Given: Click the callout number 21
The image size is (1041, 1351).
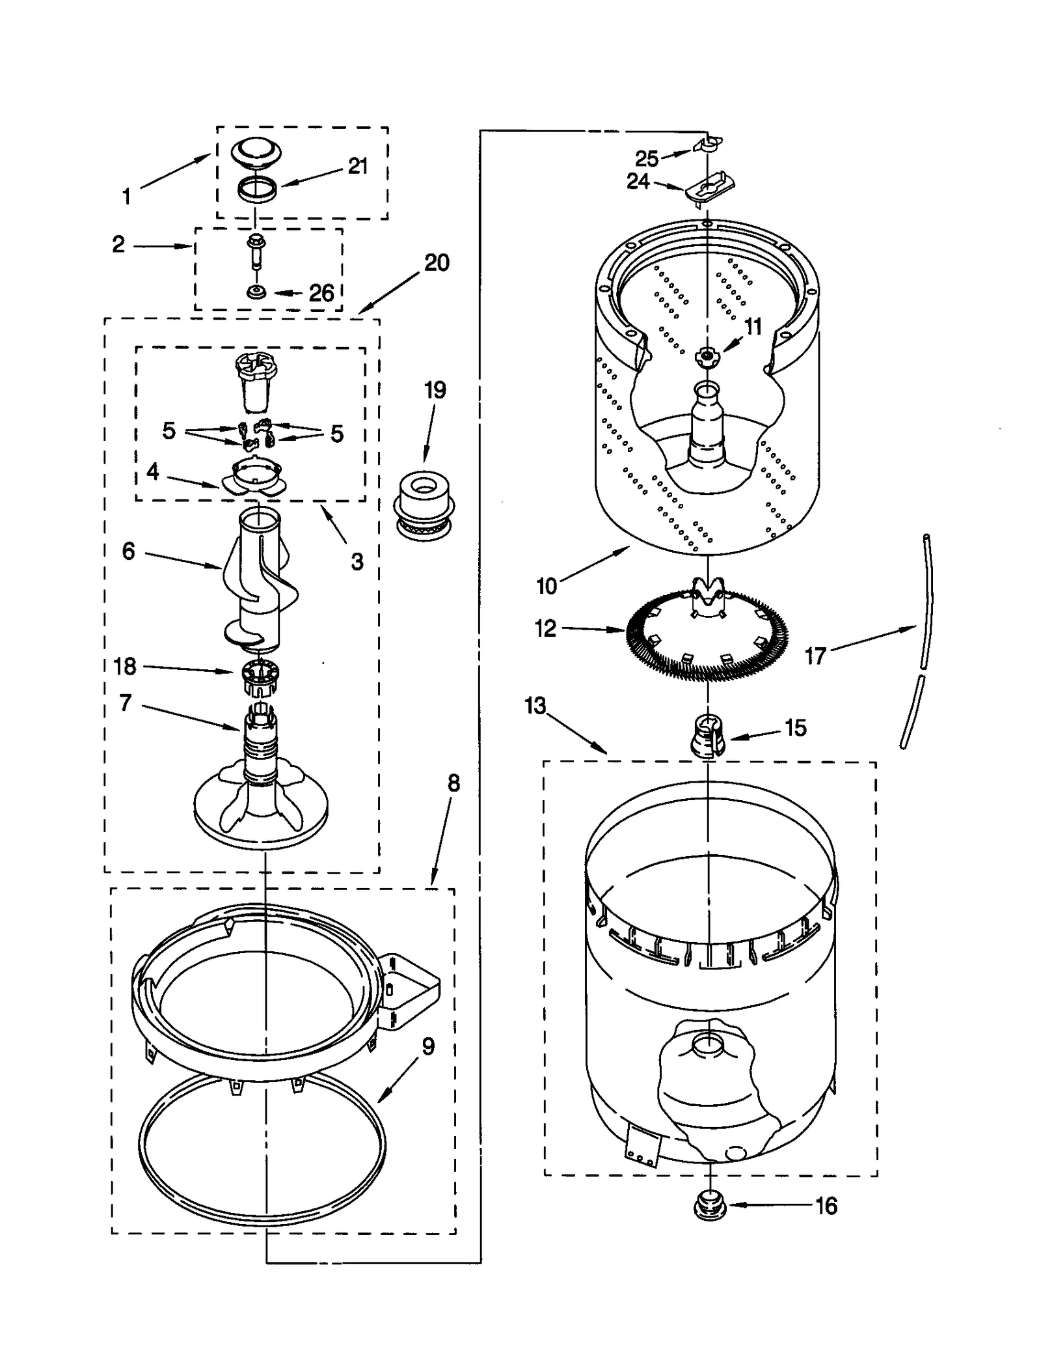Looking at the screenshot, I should click(x=358, y=167).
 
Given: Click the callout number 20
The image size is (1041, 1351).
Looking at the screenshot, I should click(x=437, y=263).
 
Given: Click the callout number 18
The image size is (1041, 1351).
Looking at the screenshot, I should click(x=124, y=666).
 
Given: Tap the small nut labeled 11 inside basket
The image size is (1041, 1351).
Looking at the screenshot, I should click(x=706, y=355).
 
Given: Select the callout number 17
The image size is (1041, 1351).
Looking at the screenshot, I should click(x=815, y=656).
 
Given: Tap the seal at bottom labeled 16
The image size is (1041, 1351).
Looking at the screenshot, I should click(x=710, y=1206).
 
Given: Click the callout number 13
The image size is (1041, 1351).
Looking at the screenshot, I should click(x=535, y=706).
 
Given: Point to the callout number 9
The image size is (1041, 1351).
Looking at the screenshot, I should click(x=427, y=1046).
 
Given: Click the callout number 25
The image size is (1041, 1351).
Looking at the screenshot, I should click(x=647, y=158).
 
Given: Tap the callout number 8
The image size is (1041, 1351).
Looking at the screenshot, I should click(x=453, y=783).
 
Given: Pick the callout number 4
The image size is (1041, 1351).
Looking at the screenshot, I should click(x=152, y=471).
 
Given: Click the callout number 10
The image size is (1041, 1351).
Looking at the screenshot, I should click(x=547, y=586).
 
